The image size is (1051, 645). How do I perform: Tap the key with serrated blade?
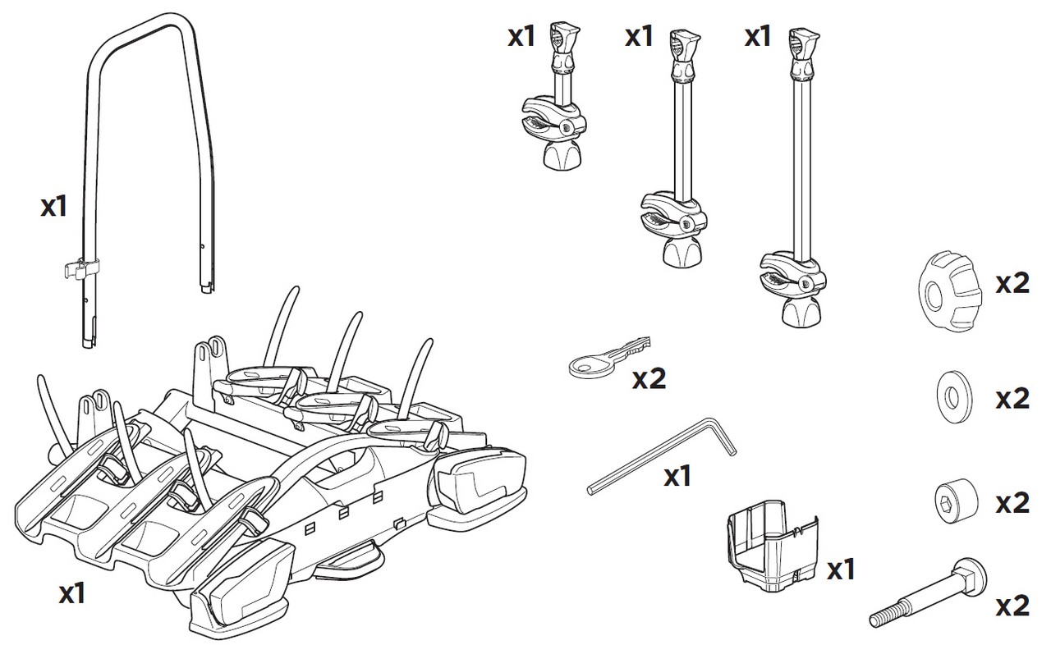[609, 358]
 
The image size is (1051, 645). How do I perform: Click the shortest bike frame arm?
[557, 96]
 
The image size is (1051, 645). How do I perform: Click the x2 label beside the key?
[649, 379]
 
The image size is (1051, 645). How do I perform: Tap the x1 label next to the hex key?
[677, 477]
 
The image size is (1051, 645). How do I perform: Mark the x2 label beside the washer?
[1012, 399]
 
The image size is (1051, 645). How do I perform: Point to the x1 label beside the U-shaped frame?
[54, 206]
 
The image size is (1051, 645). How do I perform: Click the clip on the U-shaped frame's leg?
[81, 269]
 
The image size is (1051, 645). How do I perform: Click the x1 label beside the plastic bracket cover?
[840, 570]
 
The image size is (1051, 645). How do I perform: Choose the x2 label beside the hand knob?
[1012, 284]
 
